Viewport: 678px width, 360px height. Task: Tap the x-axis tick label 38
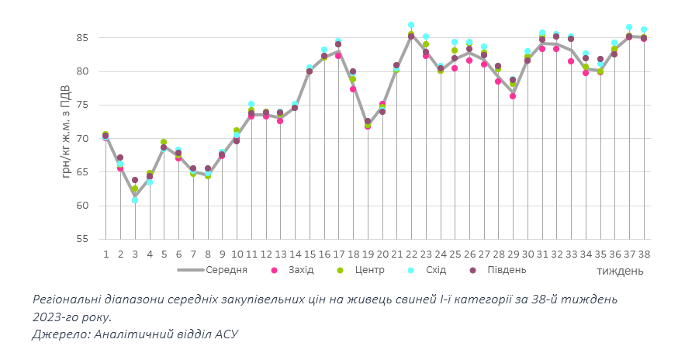pyautogui.click(x=643, y=254)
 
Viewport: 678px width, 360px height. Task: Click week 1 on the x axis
pyautogui.click(x=106, y=254)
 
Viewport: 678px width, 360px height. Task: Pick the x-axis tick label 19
pyautogui.click(x=367, y=254)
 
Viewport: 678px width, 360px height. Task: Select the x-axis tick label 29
pyautogui.click(x=513, y=254)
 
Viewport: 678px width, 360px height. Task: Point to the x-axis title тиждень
pyautogui.click(x=620, y=272)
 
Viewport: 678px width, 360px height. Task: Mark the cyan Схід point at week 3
pyautogui.click(x=135, y=200)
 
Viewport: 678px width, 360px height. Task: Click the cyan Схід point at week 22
pyautogui.click(x=411, y=25)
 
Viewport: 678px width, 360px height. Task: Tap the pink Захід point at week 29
pyautogui.click(x=513, y=96)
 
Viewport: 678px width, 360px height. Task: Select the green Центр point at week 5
pyautogui.click(x=164, y=142)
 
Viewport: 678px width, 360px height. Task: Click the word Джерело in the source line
pyautogui.click(x=57, y=334)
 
